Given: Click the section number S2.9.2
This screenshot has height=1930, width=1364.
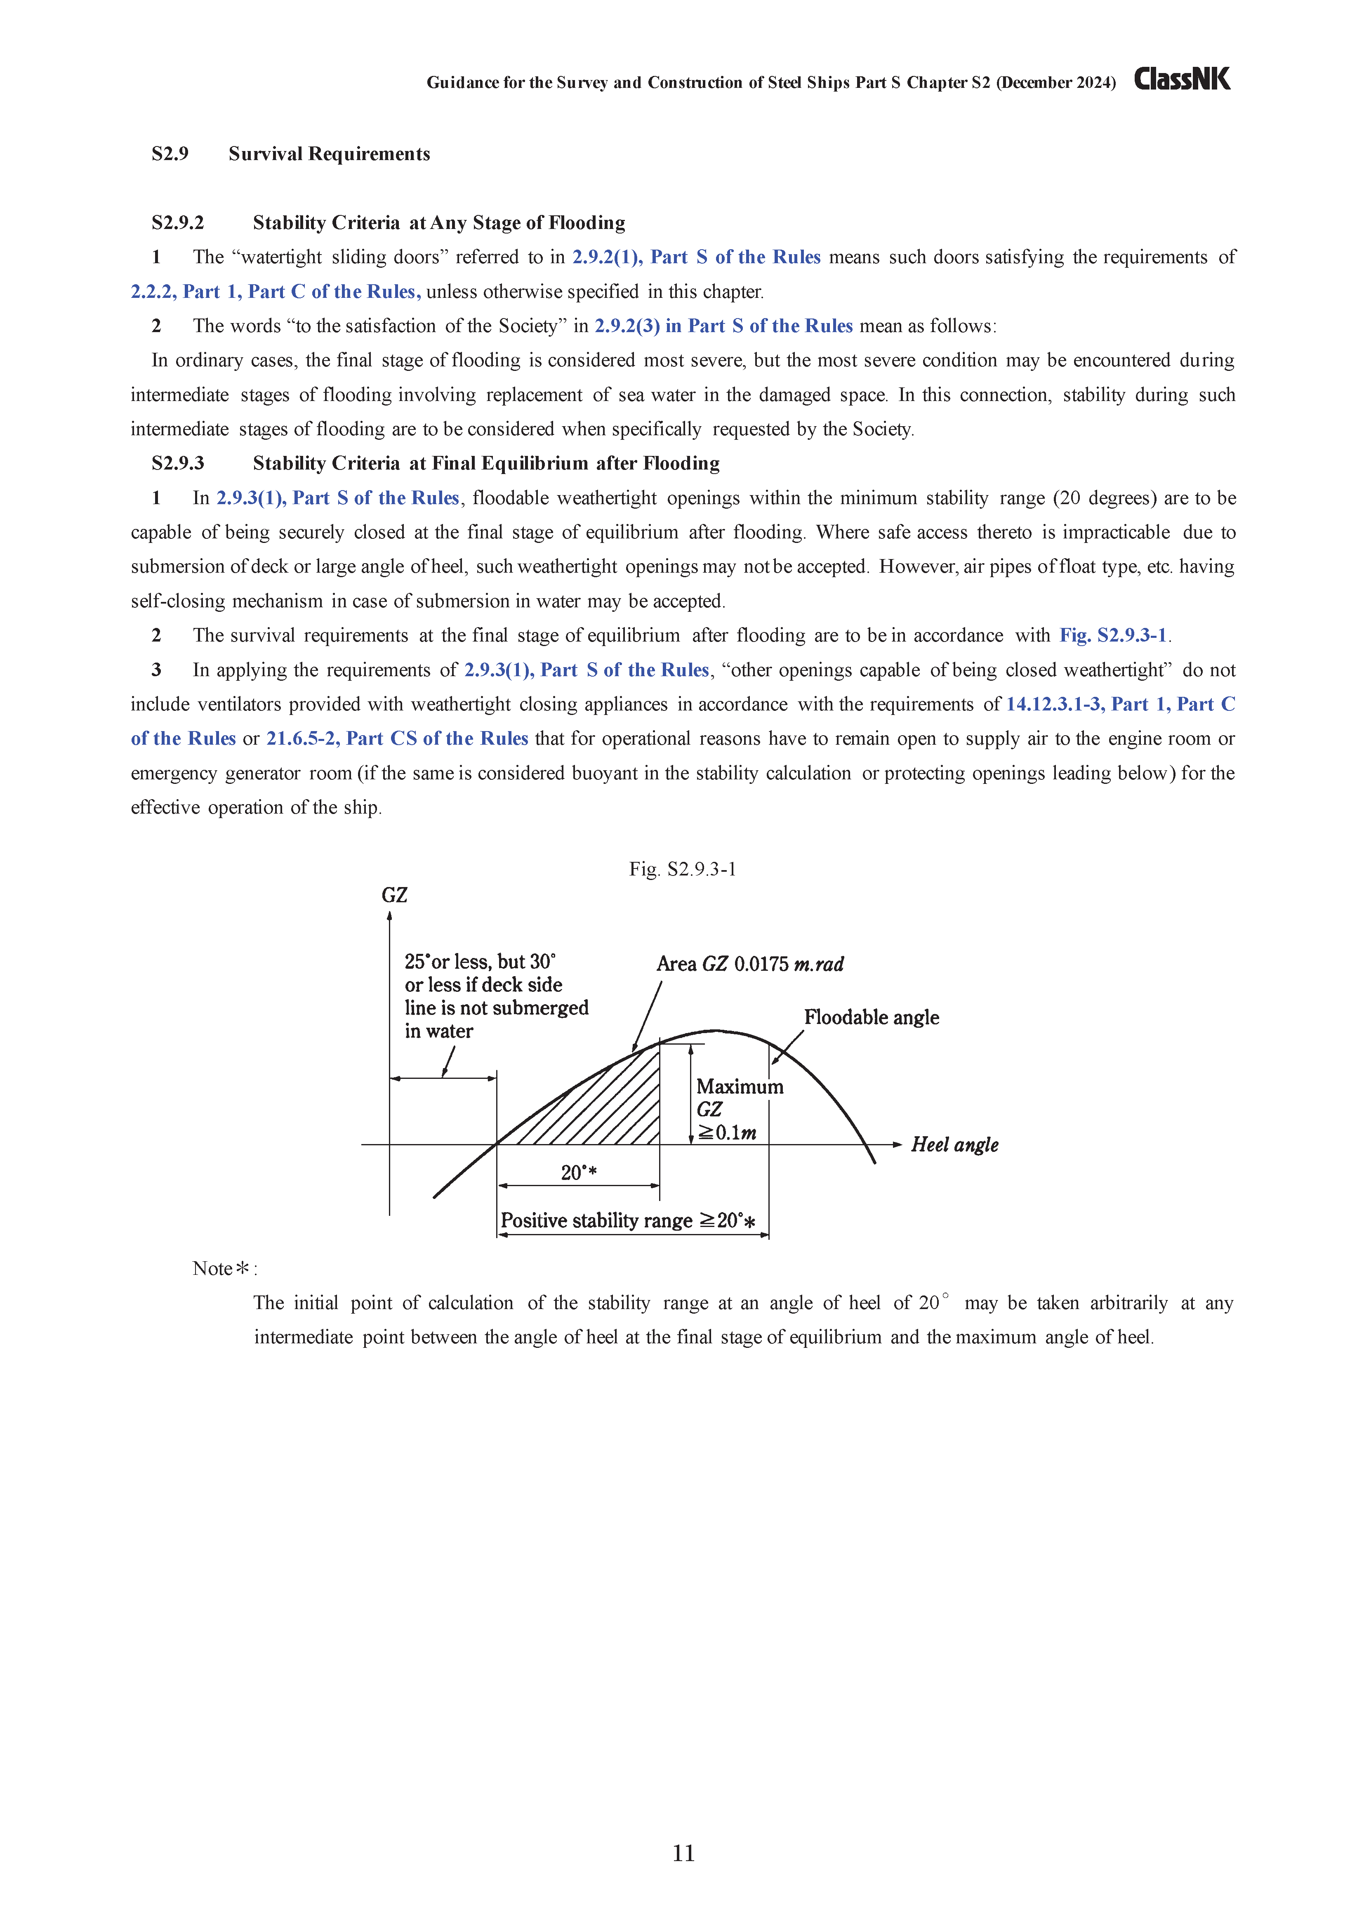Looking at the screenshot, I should (x=177, y=223).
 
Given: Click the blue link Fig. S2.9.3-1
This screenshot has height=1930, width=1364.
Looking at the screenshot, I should (x=1113, y=635).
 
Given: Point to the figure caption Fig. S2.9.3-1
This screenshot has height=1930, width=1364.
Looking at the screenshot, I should (x=683, y=869).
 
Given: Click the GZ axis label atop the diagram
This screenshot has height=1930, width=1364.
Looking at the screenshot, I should (x=394, y=895).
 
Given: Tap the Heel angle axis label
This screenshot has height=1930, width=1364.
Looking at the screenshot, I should (x=955, y=1145).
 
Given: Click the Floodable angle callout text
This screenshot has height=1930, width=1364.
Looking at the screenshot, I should (x=872, y=1017).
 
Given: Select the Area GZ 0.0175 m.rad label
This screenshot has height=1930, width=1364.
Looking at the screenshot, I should (x=750, y=964).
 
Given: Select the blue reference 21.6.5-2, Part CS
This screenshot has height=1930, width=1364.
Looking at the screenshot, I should (x=397, y=739).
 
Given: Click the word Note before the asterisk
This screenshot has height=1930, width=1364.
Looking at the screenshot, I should (x=212, y=1269).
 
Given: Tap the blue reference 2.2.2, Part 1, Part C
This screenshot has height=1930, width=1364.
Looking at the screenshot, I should (x=276, y=292).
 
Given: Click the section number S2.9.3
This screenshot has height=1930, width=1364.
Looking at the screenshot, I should (x=177, y=463).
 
